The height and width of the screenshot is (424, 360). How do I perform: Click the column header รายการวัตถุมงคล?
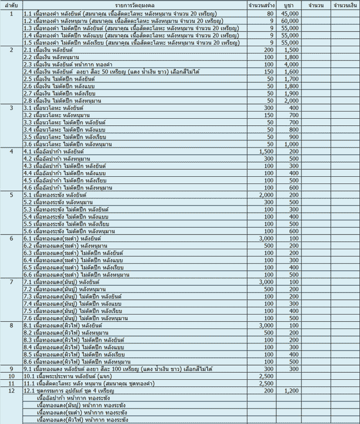135,5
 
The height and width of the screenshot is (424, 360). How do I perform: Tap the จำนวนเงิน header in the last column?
345,5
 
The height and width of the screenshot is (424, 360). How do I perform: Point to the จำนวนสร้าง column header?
260,5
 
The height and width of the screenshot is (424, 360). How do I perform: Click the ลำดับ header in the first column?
11,5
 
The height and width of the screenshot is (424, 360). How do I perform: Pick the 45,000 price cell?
290,13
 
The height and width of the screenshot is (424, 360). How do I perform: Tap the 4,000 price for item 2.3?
291,65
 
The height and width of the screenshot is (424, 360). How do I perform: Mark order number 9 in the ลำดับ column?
11,369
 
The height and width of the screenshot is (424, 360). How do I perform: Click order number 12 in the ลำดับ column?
11,391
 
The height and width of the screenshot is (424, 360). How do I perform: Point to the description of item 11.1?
85,383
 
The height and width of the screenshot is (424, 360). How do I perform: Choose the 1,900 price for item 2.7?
291,94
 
